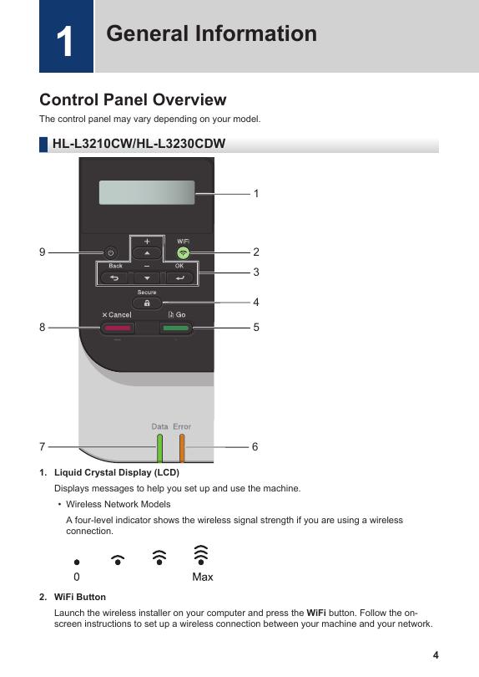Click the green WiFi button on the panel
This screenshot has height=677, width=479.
coord(184,253)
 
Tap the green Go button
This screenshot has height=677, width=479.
coord(176,328)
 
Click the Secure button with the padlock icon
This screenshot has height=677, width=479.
coord(147,303)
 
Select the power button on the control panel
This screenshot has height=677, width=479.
coord(110,253)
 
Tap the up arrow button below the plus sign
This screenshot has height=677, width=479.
coord(147,253)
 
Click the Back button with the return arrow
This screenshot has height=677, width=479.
coord(114,278)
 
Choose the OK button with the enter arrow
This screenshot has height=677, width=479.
coord(179,278)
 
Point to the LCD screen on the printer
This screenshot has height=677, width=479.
coord(147,192)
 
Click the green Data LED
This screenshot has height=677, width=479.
coord(159,448)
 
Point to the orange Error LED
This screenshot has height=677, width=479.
coord(182,448)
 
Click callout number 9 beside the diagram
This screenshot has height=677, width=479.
coord(43,252)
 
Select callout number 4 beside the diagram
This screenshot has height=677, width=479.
coord(256,303)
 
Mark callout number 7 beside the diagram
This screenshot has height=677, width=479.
coord(43,446)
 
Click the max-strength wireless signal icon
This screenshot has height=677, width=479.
coord(201,555)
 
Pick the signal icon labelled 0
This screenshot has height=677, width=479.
coord(77,562)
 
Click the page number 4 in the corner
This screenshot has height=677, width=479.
coord(436,655)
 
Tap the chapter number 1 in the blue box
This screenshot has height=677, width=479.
coord(65,42)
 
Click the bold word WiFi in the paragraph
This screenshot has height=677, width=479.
coord(316,613)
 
